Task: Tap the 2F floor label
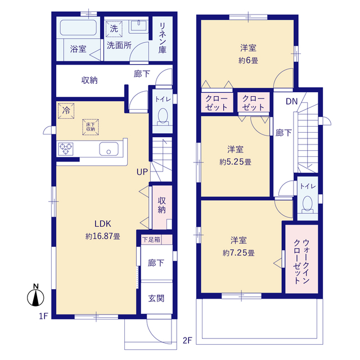pos(187,340)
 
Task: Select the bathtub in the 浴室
pos(79,29)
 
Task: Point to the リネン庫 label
pos(162,37)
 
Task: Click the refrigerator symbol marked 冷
pos(66,111)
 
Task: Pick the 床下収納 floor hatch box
pos(91,126)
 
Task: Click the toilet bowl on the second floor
pos(308,203)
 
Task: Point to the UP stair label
pos(142,172)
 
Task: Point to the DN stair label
pos(291,101)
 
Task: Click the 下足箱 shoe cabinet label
pos(150,240)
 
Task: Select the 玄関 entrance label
pos(156,298)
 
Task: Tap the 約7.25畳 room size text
pos(238,253)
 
